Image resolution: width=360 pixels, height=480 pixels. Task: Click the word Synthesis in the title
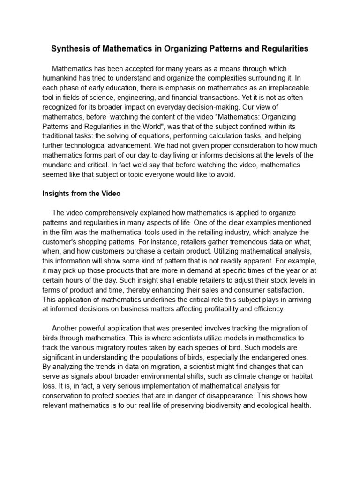(x=68, y=49)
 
